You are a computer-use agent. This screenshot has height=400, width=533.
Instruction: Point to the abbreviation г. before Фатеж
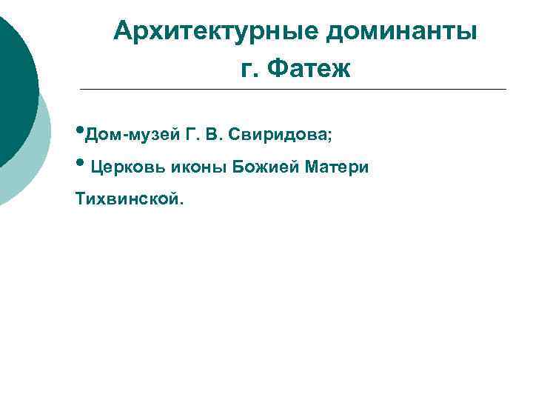coord(249,71)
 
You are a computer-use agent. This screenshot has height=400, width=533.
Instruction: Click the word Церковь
coord(128,167)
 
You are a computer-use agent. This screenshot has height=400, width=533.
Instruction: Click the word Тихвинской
coord(124,199)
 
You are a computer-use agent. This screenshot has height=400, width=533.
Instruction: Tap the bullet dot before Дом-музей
coord(79,133)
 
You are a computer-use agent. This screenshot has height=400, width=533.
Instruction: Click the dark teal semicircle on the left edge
coord(13,89)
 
